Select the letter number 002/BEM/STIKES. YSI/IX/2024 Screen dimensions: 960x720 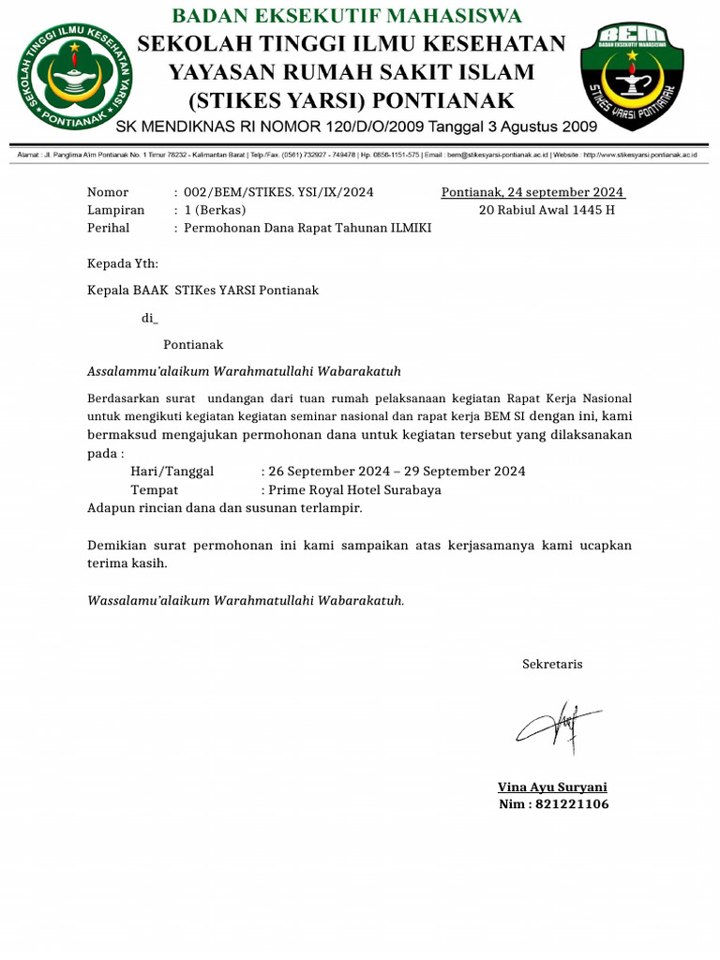[x=278, y=192]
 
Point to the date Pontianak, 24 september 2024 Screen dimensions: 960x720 [x=532, y=192]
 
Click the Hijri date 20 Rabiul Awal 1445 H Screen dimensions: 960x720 [x=547, y=209]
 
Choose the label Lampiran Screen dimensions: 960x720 [x=115, y=209]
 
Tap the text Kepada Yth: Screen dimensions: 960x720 [x=123, y=263]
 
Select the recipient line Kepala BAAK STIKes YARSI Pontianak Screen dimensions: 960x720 [x=202, y=290]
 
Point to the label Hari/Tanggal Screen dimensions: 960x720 [x=172, y=471]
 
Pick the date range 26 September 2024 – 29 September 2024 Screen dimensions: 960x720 [x=397, y=471]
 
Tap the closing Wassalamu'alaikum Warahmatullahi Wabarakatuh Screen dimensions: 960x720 [x=246, y=599]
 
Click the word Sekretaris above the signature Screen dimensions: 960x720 [x=552, y=664]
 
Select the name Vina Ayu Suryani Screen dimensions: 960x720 [x=552, y=787]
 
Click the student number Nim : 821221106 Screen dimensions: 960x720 [x=553, y=804]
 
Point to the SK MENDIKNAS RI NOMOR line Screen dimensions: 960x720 [x=356, y=126]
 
